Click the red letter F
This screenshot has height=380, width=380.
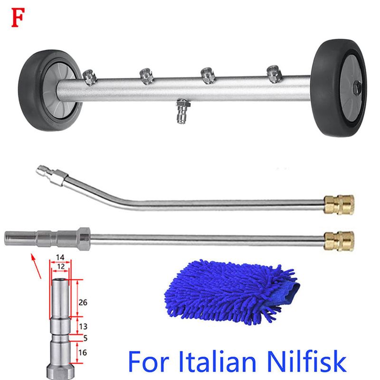[18, 18]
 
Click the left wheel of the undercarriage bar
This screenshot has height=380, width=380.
[50, 90]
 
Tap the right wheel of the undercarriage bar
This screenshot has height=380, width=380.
[339, 88]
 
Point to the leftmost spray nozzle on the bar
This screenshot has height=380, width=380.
[89, 77]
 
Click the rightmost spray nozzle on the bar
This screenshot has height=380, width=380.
[274, 74]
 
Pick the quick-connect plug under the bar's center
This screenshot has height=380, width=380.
[182, 111]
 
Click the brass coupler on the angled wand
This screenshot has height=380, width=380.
[339, 205]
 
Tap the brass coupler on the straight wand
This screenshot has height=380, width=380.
[339, 241]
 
